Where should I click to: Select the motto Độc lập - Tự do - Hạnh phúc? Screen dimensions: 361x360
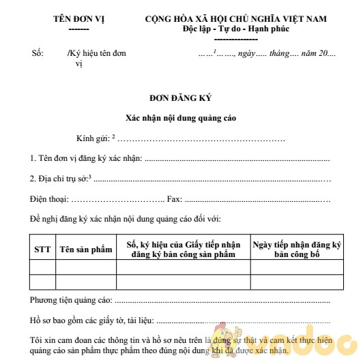point(235,29)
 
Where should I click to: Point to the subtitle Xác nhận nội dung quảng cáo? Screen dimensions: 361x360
point(181,118)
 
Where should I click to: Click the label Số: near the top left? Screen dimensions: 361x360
point(38,52)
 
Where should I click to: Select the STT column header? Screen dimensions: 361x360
point(42,249)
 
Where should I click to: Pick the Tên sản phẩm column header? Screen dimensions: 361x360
point(85,249)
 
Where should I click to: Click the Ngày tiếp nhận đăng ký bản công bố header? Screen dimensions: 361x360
point(296,249)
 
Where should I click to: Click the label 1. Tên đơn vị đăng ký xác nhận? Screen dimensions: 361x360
point(86,158)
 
